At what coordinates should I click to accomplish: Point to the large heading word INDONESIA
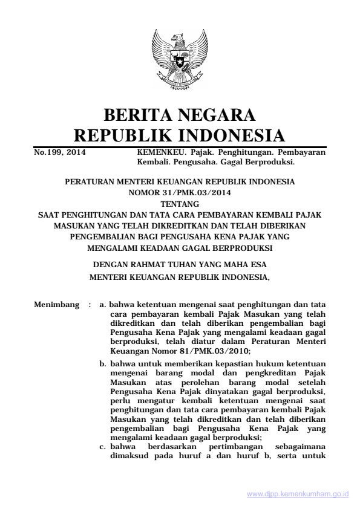click(231, 135)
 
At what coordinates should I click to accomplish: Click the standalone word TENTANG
click(180, 204)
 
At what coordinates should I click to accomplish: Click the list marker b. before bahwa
click(103, 364)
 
